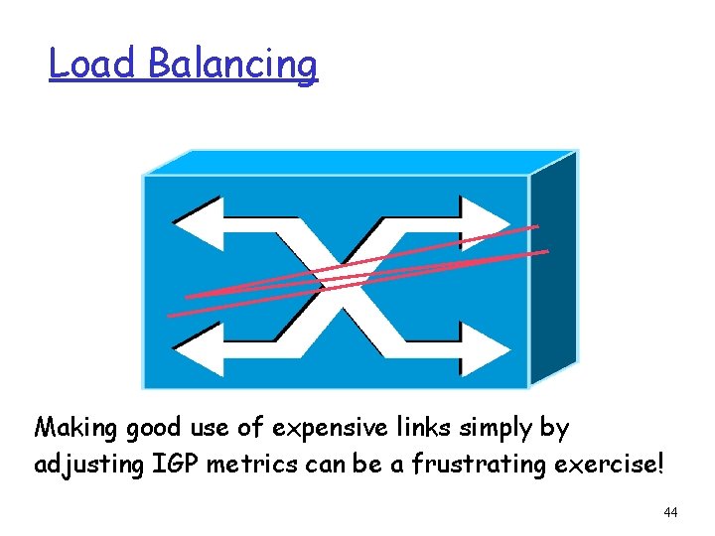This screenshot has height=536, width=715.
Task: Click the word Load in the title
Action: pyautogui.click(x=92, y=65)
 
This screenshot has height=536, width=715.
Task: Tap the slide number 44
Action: pyautogui.click(x=669, y=512)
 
